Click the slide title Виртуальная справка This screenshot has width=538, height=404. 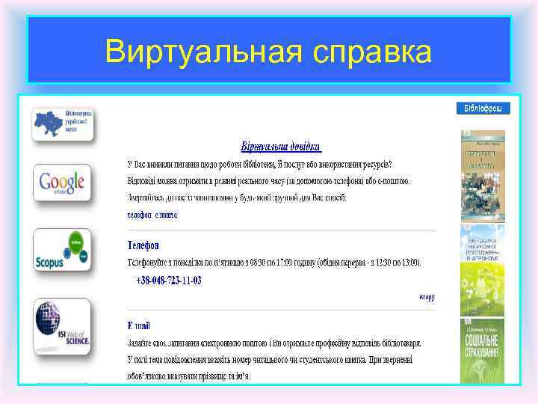click(268, 52)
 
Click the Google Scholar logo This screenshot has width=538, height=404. click(62, 183)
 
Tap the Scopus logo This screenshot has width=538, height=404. click(62, 250)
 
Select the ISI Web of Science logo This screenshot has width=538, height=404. click(62, 326)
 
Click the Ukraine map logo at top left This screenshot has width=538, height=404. click(63, 124)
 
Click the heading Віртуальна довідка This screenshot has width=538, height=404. click(280, 147)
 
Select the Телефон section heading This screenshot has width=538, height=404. click(143, 245)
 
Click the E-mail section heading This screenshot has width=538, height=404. click(139, 325)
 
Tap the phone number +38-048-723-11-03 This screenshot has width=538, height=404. click(169, 281)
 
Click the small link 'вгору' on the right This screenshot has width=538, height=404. click(427, 297)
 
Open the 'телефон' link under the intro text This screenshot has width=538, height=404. click(139, 215)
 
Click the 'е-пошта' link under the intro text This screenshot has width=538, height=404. click(166, 215)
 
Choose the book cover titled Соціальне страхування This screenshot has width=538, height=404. click(482, 352)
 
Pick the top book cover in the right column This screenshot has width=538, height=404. click(482, 175)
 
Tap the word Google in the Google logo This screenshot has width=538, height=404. click(58, 180)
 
